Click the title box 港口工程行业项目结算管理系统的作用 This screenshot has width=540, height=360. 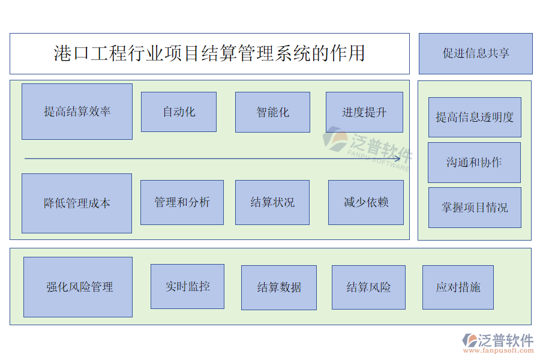(209, 53)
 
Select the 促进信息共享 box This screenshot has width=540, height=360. (475, 53)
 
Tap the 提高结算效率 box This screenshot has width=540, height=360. (77, 112)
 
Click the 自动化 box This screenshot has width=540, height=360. (179, 112)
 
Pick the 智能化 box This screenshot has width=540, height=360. (272, 112)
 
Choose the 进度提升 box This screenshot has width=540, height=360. (364, 112)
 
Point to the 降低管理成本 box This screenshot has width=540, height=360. (77, 203)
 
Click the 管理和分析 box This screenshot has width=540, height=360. (182, 202)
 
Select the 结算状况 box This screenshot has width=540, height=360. (272, 202)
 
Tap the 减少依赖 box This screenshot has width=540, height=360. (366, 202)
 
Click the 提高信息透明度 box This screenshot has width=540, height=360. (475, 117)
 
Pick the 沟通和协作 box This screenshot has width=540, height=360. (474, 163)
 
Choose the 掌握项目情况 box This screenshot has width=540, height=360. (475, 208)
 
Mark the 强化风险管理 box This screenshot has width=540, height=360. (78, 287)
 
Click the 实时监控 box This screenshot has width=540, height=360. (187, 286)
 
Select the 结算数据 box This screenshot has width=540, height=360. (279, 287)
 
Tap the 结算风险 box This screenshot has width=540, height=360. (368, 287)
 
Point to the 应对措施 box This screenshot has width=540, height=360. (458, 287)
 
